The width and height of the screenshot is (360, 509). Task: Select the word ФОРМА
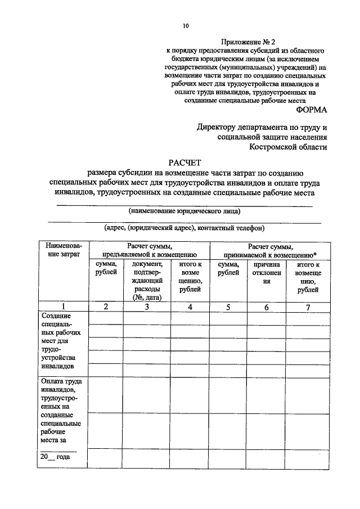(307, 110)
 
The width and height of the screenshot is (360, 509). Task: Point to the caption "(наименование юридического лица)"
(184, 211)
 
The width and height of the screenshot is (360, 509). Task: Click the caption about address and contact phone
(184, 228)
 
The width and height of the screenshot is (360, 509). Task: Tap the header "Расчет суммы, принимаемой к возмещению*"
(269, 250)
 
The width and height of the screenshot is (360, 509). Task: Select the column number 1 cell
(64, 307)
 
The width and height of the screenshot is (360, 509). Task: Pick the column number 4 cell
(190, 307)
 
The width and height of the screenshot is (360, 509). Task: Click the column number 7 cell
(308, 307)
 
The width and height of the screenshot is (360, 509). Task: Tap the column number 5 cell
(228, 307)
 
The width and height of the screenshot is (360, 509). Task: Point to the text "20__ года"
(55, 457)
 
